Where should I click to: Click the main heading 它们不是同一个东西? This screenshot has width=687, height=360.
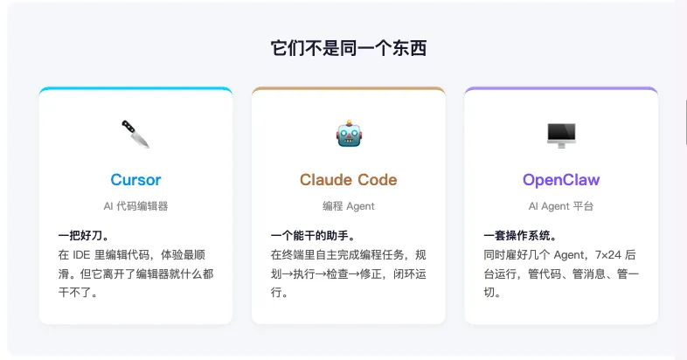tap(348, 49)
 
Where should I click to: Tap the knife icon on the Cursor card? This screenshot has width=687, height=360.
tap(135, 134)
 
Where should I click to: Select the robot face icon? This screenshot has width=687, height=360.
tap(349, 134)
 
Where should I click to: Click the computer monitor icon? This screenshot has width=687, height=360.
tap(560, 134)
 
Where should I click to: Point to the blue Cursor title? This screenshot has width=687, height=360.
tap(135, 180)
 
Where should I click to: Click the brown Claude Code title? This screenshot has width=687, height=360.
tap(348, 180)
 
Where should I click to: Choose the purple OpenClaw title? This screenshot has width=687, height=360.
tap(560, 180)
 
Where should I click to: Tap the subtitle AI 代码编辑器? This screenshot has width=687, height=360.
tap(135, 206)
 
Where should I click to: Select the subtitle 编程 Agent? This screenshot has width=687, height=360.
tap(348, 206)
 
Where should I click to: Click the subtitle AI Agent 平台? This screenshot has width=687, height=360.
tap(560, 206)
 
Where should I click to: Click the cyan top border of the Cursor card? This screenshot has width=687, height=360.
tap(135, 88)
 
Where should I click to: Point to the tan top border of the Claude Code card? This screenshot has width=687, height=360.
tap(348, 88)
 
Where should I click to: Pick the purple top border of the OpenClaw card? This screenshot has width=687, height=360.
tap(560, 88)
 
